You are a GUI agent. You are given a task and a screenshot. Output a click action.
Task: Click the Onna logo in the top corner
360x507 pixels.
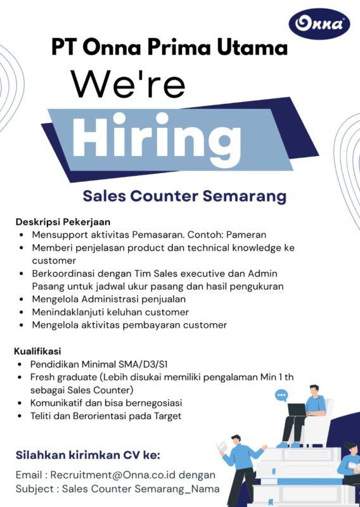(319, 24)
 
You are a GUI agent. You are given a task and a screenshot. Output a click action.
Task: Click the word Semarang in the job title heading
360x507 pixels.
(244, 196)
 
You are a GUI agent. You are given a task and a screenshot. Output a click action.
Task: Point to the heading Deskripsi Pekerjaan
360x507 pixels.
(63, 222)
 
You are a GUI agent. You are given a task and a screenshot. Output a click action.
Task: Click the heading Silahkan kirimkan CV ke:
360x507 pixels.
(87, 454)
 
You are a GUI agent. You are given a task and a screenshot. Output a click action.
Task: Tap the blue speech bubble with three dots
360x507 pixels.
(281, 395)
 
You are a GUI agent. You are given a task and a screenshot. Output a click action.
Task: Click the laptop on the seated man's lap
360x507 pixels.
(297, 409)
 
